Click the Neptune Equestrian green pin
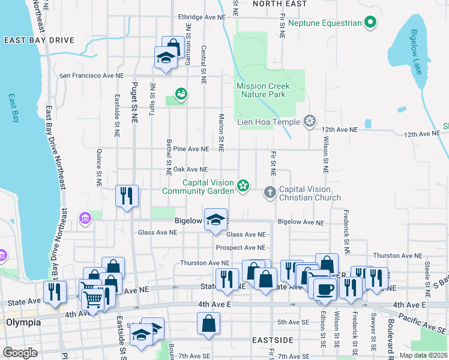(370, 23)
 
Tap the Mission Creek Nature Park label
(263, 91)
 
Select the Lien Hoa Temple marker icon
(310, 122)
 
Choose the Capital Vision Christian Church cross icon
(270, 193)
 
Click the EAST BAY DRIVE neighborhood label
(39, 40)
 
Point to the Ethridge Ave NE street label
(202, 17)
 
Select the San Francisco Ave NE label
(91, 76)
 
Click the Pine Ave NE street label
(191, 149)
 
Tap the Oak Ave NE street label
(190, 170)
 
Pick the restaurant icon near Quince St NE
(127, 196)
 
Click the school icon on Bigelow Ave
(215, 219)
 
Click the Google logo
(20, 352)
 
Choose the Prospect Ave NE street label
(241, 247)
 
